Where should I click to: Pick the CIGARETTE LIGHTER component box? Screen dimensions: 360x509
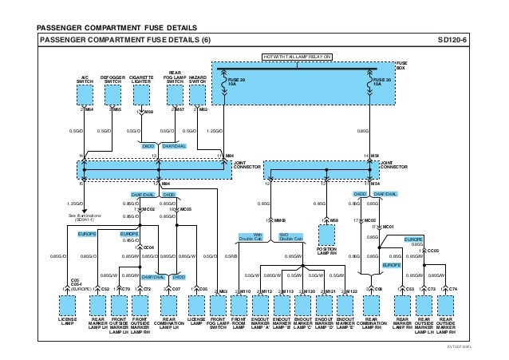[x=142, y=97]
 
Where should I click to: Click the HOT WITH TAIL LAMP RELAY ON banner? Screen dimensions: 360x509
[x=296, y=57]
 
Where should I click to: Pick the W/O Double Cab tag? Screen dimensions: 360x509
[x=290, y=237]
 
